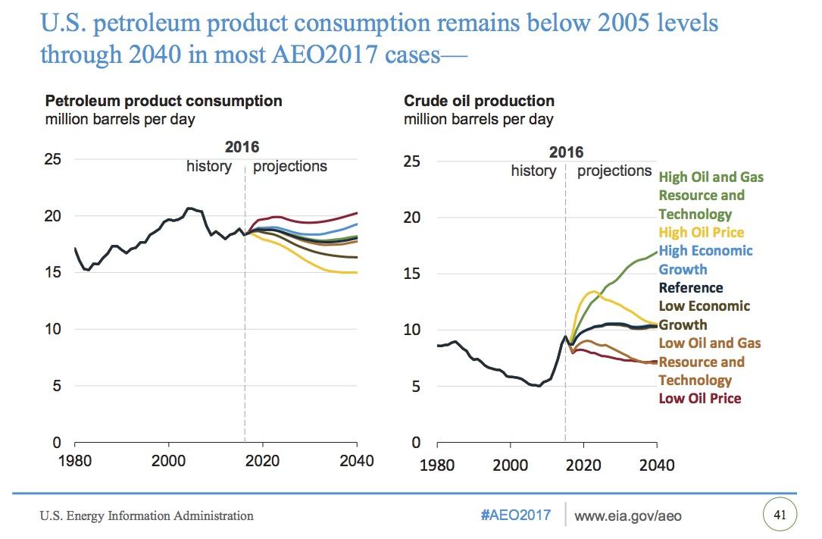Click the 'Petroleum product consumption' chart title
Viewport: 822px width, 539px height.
pyautogui.click(x=164, y=101)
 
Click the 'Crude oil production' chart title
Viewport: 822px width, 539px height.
pyautogui.click(x=479, y=101)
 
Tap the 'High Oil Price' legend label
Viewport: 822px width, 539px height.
pyautogui.click(x=702, y=232)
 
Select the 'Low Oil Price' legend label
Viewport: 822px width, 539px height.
pyautogui.click(x=700, y=398)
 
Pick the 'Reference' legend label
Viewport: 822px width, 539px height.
pyautogui.click(x=691, y=287)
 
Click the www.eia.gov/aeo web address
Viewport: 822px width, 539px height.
pyautogui.click(x=628, y=516)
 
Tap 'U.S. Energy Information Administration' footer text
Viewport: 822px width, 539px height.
pyautogui.click(x=147, y=516)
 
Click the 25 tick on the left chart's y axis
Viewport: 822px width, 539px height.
pyautogui.click(x=53, y=159)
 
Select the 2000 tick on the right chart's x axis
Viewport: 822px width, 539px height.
pyautogui.click(x=511, y=464)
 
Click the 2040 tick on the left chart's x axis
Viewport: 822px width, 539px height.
pyautogui.click(x=356, y=461)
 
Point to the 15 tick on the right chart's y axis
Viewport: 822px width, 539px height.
pyautogui.click(x=412, y=274)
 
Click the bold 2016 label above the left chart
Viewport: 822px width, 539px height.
pyautogui.click(x=242, y=147)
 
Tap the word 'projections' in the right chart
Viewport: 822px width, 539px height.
pyautogui.click(x=614, y=171)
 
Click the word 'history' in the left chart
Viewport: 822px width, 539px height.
pyautogui.click(x=208, y=166)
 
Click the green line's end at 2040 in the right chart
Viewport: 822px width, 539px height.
pyautogui.click(x=656, y=252)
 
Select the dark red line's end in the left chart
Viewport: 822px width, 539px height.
pyautogui.click(x=357, y=213)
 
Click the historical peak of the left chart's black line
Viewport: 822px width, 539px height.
pyautogui.click(x=189, y=207)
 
